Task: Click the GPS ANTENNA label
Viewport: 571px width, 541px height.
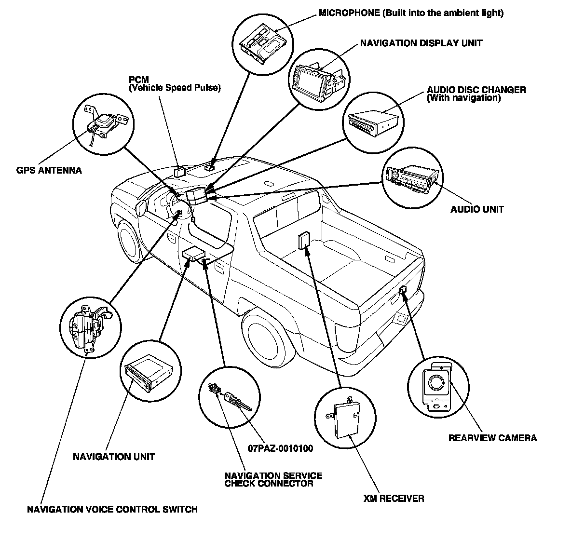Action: pos(49,170)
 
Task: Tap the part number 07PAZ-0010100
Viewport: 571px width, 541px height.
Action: pos(280,448)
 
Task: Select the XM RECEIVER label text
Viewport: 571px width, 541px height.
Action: pos(394,499)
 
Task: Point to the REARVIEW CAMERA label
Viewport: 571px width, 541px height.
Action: pos(492,438)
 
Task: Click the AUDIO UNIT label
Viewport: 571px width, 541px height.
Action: pos(477,209)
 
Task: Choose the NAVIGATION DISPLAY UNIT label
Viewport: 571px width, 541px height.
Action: pos(421,43)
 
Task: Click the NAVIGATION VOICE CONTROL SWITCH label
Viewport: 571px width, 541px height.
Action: pos(112,509)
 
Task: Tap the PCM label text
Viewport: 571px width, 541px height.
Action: pos(139,80)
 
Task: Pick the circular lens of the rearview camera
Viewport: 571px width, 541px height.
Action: pos(436,383)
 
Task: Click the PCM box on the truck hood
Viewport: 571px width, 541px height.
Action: pos(180,172)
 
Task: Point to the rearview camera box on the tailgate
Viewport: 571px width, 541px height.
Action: pos(403,290)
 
